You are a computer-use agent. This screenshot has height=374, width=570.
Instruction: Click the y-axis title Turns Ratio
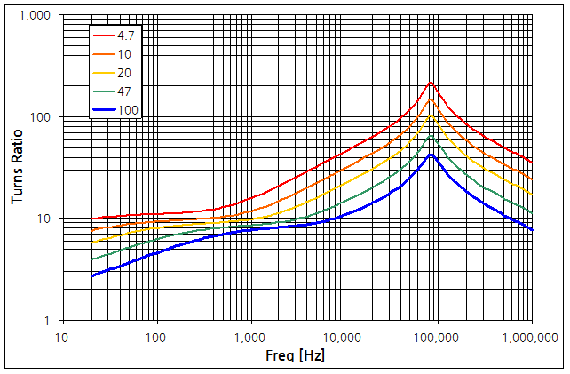coord(18,168)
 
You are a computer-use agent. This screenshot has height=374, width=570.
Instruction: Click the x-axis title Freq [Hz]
coord(297,355)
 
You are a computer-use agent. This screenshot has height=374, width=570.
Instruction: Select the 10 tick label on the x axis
coord(61,337)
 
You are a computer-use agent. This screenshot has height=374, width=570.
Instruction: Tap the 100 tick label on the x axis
coord(155,337)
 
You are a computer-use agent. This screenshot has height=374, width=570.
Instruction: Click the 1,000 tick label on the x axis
coord(249,337)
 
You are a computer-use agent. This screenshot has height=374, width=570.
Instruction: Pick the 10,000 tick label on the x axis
coord(343,337)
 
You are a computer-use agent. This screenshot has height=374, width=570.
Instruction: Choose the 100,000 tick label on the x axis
coord(437,337)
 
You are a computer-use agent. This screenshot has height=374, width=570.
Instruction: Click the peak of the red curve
coord(431,83)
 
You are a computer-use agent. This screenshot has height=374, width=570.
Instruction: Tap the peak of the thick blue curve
coord(431,155)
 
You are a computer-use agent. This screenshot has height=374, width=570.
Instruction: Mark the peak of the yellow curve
coord(431,115)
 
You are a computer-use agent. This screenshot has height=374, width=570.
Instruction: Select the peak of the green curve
coord(431,135)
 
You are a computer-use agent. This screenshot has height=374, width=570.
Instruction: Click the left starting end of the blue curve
coord(91,276)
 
